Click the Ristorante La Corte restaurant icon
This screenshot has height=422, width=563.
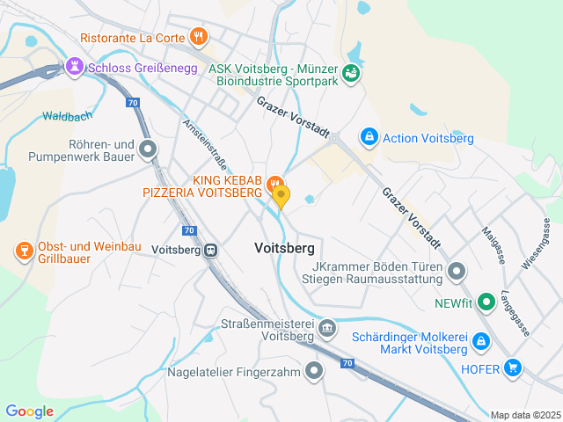pyautogui.click(x=200, y=37)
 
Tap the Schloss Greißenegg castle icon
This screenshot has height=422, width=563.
pyautogui.click(x=75, y=66)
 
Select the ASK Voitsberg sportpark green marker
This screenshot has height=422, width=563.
pyautogui.click(x=351, y=73)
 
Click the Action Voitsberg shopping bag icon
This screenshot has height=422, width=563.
pyautogui.click(x=369, y=138)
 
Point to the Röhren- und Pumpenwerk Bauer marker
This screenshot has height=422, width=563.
pyautogui.click(x=148, y=150)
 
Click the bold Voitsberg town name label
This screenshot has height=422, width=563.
pyautogui.click(x=283, y=249)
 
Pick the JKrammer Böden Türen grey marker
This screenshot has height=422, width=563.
pyautogui.click(x=456, y=272)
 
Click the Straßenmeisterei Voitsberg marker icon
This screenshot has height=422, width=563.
pyautogui.click(x=327, y=329)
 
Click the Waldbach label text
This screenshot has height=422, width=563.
pyautogui.click(x=67, y=115)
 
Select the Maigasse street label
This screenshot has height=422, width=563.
pyautogui.click(x=491, y=245)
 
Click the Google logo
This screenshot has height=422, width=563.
pyautogui.click(x=29, y=411)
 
